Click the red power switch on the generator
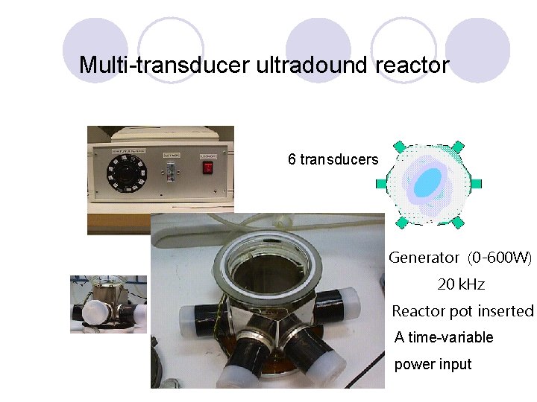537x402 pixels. pyautogui.click(x=208, y=167)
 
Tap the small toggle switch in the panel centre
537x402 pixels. pyautogui.click(x=169, y=172)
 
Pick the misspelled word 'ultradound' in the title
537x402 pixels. pyautogui.click(x=312, y=66)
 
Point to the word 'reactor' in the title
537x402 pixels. pyautogui.click(x=412, y=66)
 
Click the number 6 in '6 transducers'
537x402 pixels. pyautogui.click(x=292, y=159)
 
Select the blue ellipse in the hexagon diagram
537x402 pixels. pyautogui.click(x=429, y=183)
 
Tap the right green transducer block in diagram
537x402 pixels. pyautogui.click(x=477, y=183)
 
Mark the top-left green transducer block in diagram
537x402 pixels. pyautogui.click(x=401, y=146)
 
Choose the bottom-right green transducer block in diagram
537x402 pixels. pyautogui.click(x=458, y=223)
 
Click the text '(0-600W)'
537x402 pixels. pyautogui.click(x=500, y=258)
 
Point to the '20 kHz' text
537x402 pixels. pyautogui.click(x=461, y=284)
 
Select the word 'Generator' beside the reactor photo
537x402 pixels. pyautogui.click(x=424, y=258)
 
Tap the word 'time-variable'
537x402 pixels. pyautogui.click(x=450, y=337)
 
